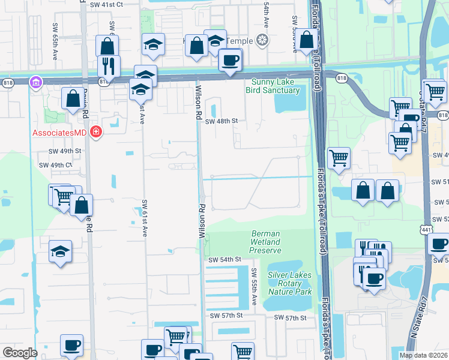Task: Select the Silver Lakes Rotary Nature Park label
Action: click(x=290, y=283)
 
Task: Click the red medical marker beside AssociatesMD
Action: click(x=94, y=131)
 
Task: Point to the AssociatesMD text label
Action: click(x=57, y=131)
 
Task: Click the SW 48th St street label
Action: click(x=221, y=121)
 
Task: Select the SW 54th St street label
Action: click(x=224, y=259)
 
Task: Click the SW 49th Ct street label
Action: click(x=55, y=165)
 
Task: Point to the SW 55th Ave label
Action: click(x=254, y=290)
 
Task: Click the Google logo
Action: click(x=20, y=353)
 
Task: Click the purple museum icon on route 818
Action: click(x=35, y=81)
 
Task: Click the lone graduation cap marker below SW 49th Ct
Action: click(x=61, y=251)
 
